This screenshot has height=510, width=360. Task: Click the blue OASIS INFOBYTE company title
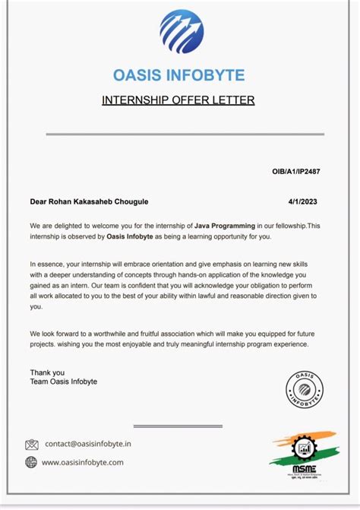[x=179, y=74]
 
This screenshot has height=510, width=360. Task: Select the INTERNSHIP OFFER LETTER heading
[x=178, y=100]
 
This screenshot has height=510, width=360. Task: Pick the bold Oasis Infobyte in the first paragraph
[x=131, y=236]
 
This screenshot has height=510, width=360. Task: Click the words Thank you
[x=47, y=372]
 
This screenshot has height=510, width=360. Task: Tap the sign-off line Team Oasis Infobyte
[x=64, y=382]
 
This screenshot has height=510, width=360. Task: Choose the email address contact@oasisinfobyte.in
[x=88, y=444]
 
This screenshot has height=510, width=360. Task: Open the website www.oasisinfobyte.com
[x=82, y=462]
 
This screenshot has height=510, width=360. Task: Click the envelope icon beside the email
[x=31, y=445]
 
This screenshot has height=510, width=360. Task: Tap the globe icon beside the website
[x=31, y=462]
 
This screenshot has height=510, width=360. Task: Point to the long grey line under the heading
[x=185, y=135]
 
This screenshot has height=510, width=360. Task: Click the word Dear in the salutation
[x=39, y=201]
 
